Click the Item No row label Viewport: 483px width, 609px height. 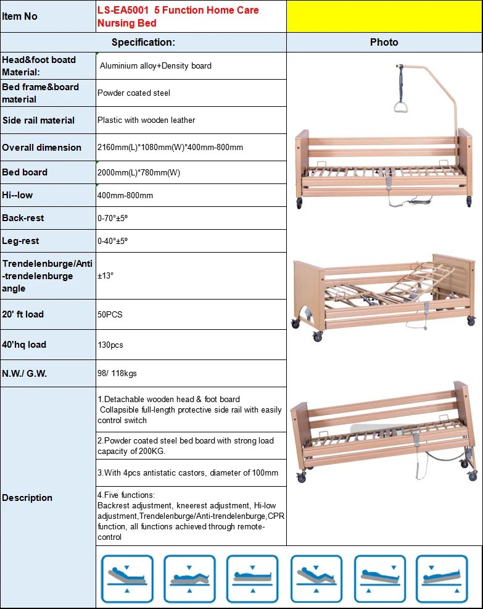[x=20, y=16]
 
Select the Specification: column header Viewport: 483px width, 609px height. [x=143, y=42]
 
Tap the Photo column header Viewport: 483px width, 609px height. [x=384, y=42]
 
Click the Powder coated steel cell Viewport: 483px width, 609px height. [x=134, y=93]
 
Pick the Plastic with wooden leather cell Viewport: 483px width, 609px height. [x=146, y=120]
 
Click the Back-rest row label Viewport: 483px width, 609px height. [x=23, y=218]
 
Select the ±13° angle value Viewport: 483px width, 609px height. [x=105, y=276]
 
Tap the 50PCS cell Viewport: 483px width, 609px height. [x=110, y=314]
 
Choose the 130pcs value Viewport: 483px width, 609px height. [x=110, y=345]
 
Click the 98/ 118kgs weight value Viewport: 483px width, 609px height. [x=118, y=374]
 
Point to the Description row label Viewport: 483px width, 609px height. [x=27, y=498]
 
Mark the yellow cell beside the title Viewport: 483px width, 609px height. [x=384, y=16]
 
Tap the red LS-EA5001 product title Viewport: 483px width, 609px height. [x=178, y=17]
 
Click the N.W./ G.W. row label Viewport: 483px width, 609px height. [x=24, y=374]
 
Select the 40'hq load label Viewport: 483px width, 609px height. [x=24, y=345]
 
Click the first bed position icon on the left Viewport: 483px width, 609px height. [x=126, y=578]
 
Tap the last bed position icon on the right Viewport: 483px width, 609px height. [x=441, y=578]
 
